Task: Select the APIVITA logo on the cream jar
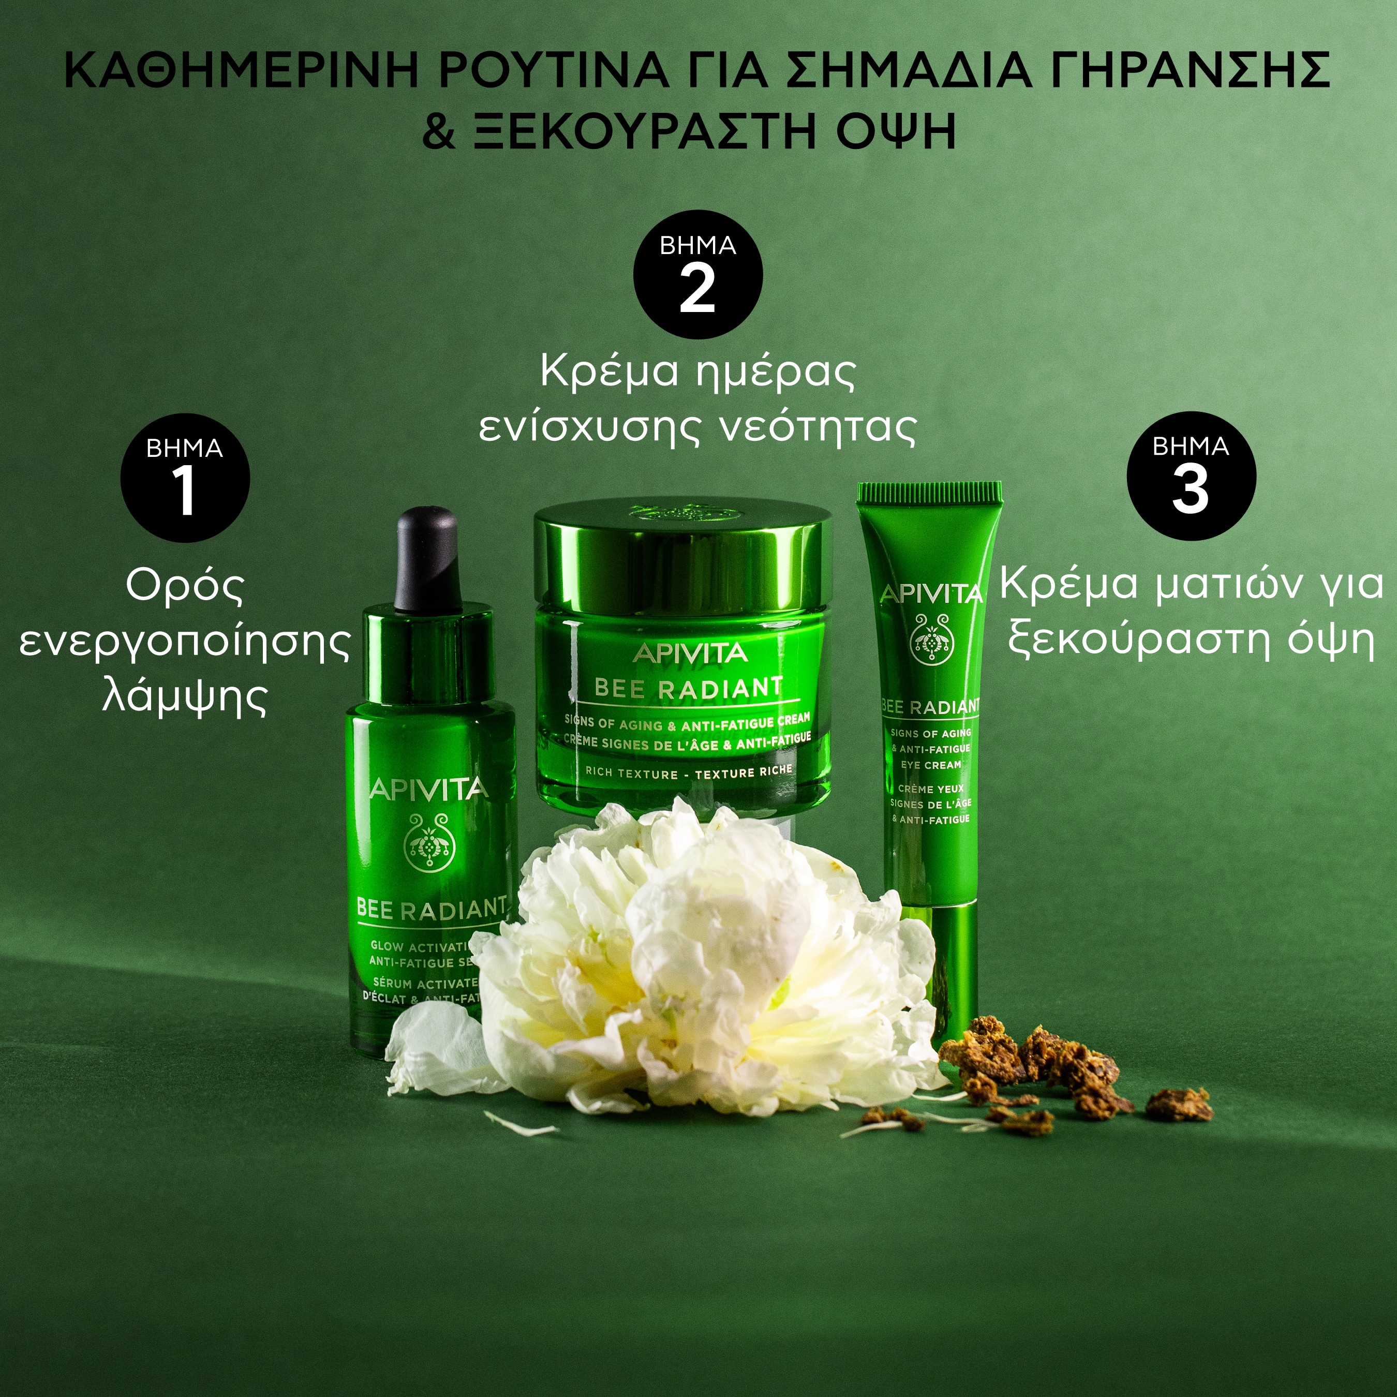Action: click(690, 653)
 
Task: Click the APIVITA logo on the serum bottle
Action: click(429, 790)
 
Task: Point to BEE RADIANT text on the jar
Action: click(688, 688)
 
